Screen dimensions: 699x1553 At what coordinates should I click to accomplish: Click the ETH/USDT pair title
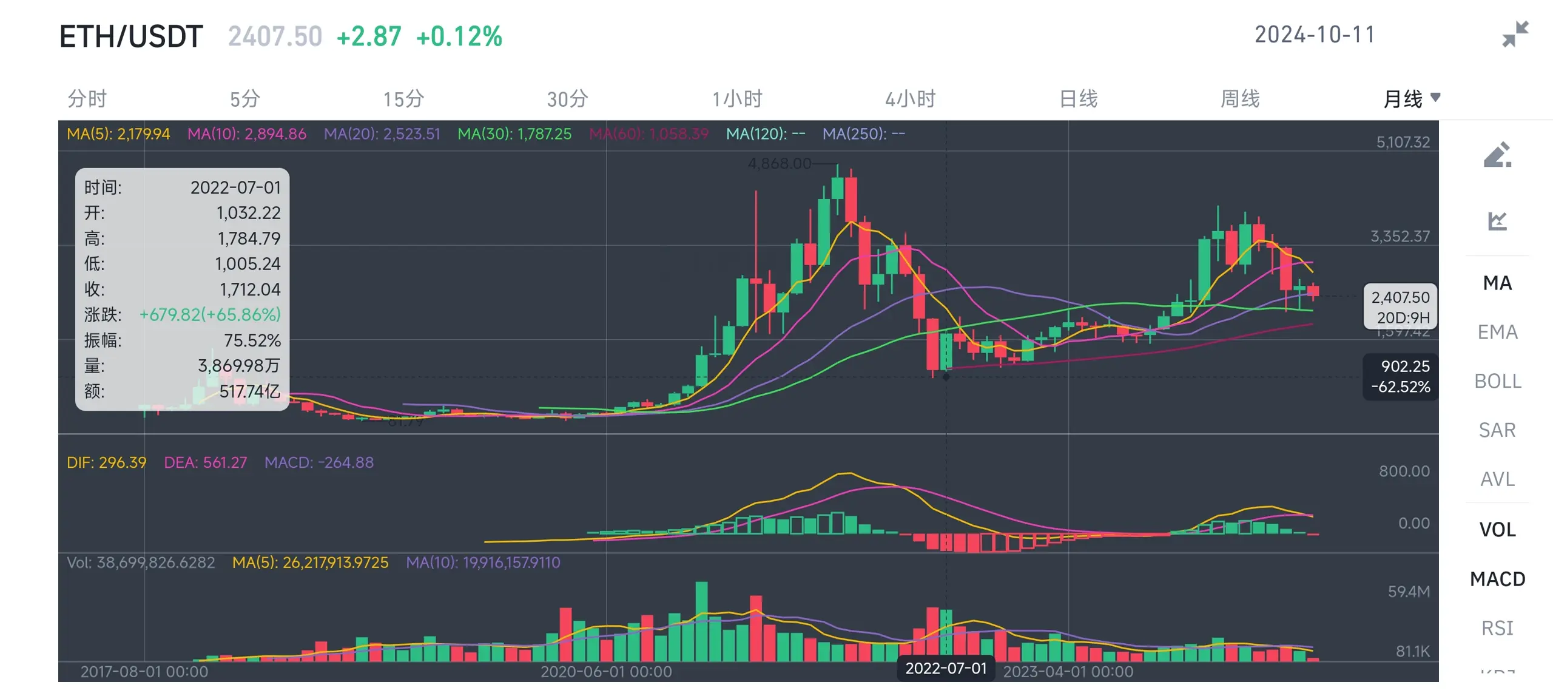131,36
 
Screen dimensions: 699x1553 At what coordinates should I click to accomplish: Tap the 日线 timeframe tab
1078,99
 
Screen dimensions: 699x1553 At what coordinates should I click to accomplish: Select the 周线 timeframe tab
1240,99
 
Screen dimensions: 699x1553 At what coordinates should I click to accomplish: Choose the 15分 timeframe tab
403,99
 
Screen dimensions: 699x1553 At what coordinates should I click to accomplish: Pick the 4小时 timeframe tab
910,99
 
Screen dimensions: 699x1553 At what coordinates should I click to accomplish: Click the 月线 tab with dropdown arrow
1410,99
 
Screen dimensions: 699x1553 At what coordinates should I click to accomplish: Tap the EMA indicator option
1497,332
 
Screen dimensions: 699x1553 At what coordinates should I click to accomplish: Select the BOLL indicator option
1497,381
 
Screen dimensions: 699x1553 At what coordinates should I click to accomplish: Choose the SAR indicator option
1497,430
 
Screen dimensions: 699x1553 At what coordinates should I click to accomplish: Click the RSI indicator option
1497,628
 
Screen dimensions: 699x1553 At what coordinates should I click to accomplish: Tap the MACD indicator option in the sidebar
1497,579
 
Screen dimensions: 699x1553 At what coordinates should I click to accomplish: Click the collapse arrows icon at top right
1515,34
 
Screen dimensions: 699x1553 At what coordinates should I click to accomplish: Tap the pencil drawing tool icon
1497,155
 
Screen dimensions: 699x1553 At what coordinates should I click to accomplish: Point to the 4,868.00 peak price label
780,164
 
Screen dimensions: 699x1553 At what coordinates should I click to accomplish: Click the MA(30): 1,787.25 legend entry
514,134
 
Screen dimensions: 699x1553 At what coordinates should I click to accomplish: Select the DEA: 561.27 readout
206,463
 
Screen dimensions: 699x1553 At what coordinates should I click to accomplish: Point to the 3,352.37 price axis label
1400,236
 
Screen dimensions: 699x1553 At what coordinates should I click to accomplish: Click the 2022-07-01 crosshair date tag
946,668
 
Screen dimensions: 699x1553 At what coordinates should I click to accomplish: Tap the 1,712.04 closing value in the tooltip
250,289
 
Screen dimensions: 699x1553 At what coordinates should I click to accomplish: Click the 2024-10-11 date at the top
1315,35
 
